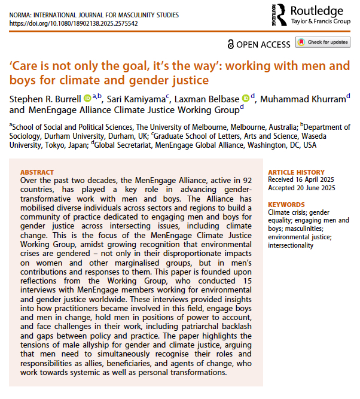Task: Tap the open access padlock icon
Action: [231, 44]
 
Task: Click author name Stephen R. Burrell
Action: [45, 98]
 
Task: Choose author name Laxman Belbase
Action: [207, 98]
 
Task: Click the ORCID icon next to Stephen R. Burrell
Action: [87, 98]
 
